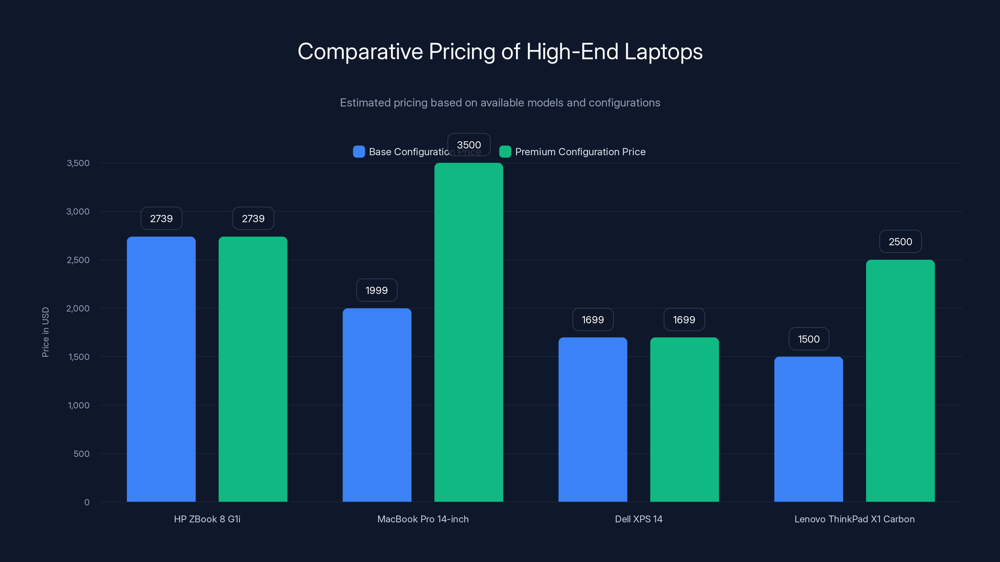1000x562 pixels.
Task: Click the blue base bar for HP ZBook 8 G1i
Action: pyautogui.click(x=161, y=368)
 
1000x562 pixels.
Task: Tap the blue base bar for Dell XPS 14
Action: pyautogui.click(x=593, y=419)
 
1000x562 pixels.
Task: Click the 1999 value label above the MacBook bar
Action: pyautogui.click(x=377, y=290)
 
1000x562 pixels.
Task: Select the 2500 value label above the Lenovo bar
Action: pyautogui.click(x=900, y=242)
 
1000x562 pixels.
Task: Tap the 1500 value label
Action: pyautogui.click(x=809, y=339)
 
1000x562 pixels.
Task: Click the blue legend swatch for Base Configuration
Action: pyautogui.click(x=359, y=152)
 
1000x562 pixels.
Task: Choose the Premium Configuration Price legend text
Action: pyautogui.click(x=580, y=152)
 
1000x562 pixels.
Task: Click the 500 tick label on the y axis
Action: pyautogui.click(x=82, y=454)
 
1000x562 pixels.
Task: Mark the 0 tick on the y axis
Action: pyautogui.click(x=87, y=502)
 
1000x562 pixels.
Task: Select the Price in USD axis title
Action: pyautogui.click(x=45, y=332)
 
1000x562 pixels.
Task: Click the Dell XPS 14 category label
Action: pyautogui.click(x=638, y=519)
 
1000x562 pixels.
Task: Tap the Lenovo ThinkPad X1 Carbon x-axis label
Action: pyautogui.click(x=854, y=519)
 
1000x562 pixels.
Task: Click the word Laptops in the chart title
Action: pyautogui.click(x=663, y=52)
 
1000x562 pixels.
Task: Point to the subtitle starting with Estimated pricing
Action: pyautogui.click(x=500, y=103)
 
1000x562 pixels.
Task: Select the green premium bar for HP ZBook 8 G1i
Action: pyautogui.click(x=253, y=368)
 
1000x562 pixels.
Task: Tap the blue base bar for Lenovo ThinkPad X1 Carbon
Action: pyautogui.click(x=809, y=429)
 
